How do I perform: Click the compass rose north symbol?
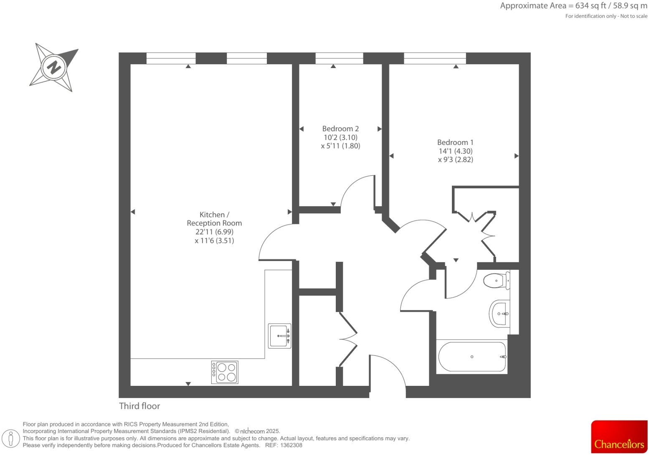click(x=54, y=67)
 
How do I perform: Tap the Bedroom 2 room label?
click(x=340, y=129)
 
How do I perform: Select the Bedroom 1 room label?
click(x=455, y=142)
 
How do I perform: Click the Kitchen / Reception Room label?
click(x=214, y=219)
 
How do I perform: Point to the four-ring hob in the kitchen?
click(x=225, y=372)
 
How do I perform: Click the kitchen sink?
click(x=279, y=336)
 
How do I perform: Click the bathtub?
click(x=472, y=357)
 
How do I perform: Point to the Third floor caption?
click(x=139, y=406)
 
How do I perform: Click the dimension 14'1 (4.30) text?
click(x=455, y=151)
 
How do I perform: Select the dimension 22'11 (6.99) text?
click(x=214, y=232)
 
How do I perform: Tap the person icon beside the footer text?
click(x=11, y=438)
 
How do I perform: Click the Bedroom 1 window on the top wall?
click(x=435, y=58)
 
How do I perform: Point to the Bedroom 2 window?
click(x=339, y=58)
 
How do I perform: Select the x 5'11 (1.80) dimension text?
click(x=340, y=146)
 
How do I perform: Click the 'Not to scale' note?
click(x=634, y=16)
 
